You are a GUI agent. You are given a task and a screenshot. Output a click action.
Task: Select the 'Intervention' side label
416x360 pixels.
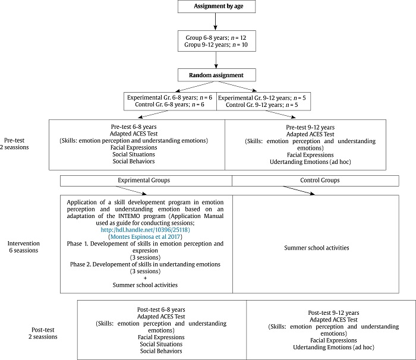click(24, 243)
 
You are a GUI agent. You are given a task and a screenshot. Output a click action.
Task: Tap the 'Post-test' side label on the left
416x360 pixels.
click(45, 329)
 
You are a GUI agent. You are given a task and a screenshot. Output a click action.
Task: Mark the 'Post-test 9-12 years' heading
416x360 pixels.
click(333, 312)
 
